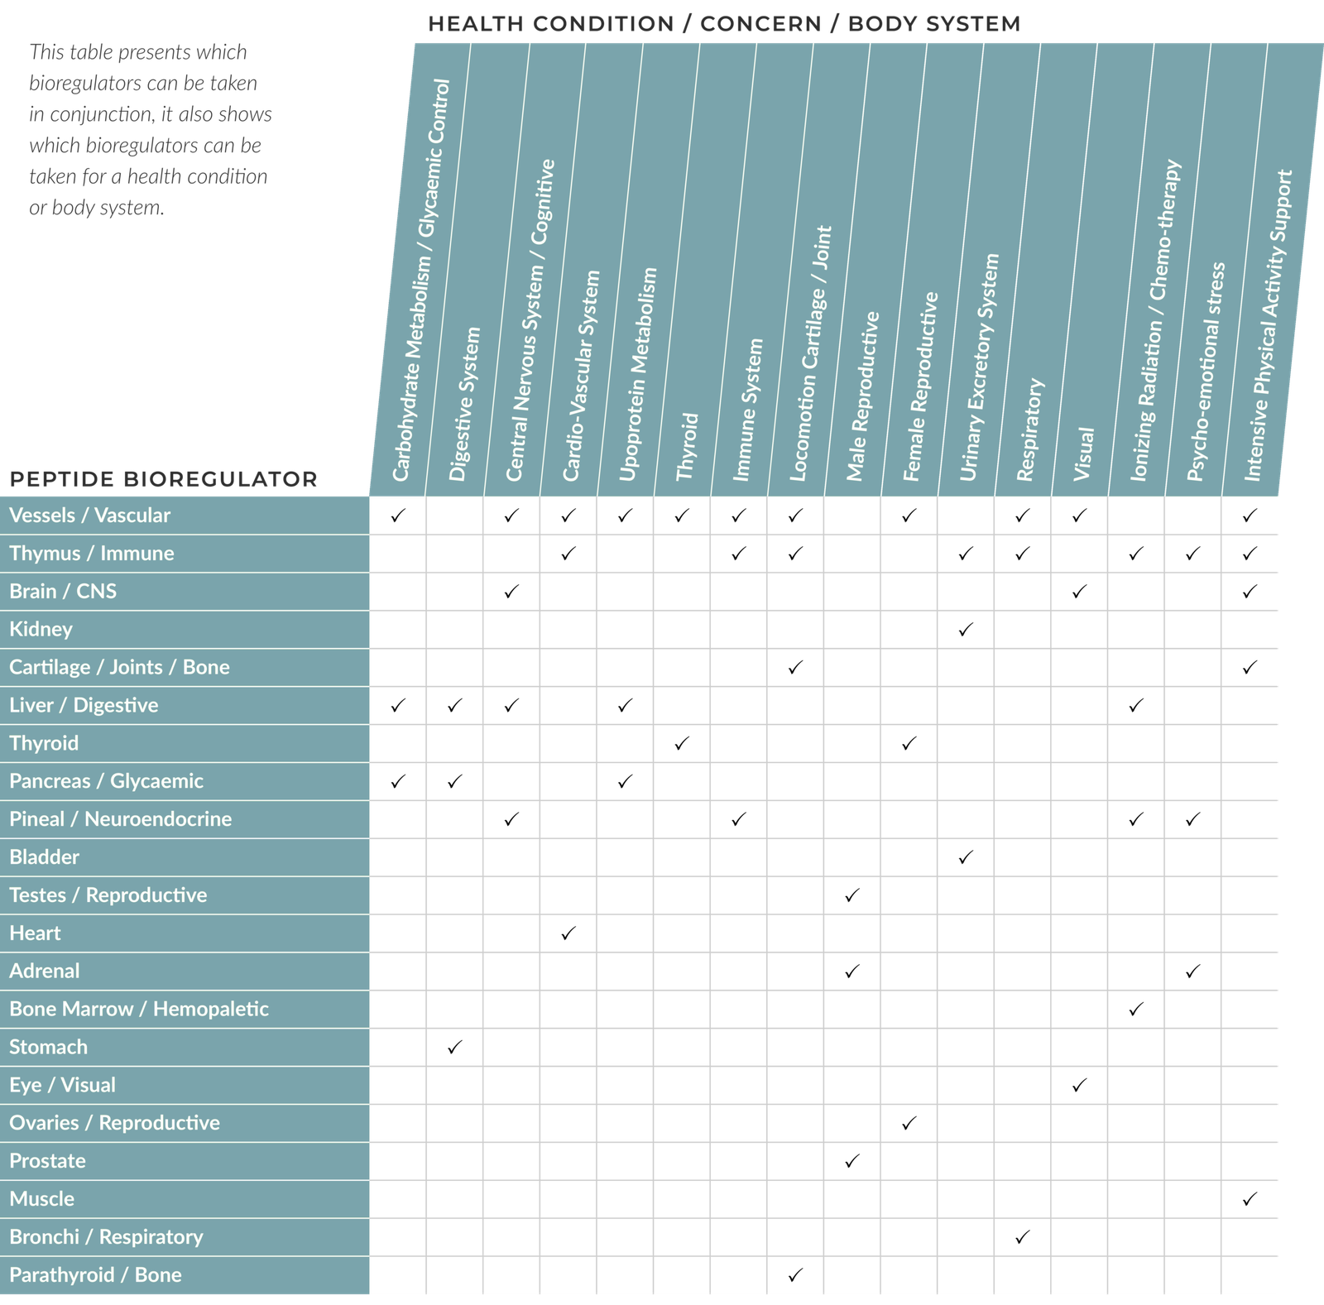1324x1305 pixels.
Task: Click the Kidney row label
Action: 41,630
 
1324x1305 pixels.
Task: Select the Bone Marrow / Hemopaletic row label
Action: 139,1010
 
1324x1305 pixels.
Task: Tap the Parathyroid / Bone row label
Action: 95,1275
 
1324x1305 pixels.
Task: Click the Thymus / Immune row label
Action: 92,554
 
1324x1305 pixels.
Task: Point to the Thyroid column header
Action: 688,447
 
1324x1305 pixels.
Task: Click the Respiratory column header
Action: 1030,430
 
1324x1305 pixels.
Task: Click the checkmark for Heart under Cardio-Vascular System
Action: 568,933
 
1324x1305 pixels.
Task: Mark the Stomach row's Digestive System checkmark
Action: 454,1048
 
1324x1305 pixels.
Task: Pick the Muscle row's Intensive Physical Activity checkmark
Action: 1250,1199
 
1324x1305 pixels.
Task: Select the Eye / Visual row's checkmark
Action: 1079,1086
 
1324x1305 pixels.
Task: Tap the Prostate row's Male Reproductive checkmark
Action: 852,1162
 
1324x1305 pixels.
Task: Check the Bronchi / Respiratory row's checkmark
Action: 1023,1237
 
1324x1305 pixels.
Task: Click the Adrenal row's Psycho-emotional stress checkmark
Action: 1192,972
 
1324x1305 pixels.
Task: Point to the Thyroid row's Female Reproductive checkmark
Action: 909,744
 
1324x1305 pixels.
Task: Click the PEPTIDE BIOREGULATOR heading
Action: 164,479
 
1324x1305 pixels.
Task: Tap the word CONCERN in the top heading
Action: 760,23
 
